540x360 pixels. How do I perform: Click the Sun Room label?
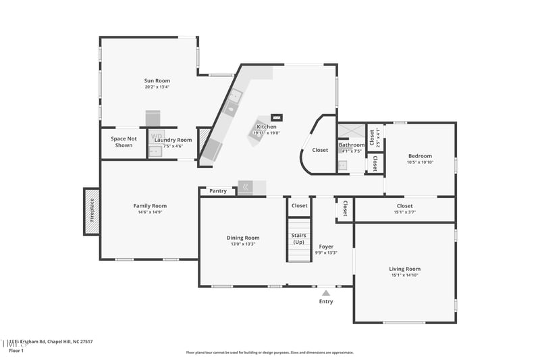pos(157,80)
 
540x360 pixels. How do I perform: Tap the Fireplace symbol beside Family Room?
pos(91,211)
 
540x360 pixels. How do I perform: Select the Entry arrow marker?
pos(326,293)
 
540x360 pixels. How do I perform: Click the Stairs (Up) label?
pos(298,238)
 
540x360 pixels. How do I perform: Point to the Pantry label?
pos(218,191)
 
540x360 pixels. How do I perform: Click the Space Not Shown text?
pos(124,142)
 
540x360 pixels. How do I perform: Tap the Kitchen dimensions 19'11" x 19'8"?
pos(265,133)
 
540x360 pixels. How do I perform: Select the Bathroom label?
pos(351,145)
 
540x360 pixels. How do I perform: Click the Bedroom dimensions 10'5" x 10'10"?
pos(419,162)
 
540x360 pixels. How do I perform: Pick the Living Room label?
pos(404,269)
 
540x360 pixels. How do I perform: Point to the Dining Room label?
pos(242,238)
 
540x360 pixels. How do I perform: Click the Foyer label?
pos(326,247)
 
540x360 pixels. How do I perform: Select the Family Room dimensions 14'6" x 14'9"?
pos(149,212)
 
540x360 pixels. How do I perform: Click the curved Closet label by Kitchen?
pos(320,150)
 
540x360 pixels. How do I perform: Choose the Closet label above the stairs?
pos(299,205)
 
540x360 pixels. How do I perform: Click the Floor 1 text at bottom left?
pos(16,351)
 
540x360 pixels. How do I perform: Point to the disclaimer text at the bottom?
pos(269,352)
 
